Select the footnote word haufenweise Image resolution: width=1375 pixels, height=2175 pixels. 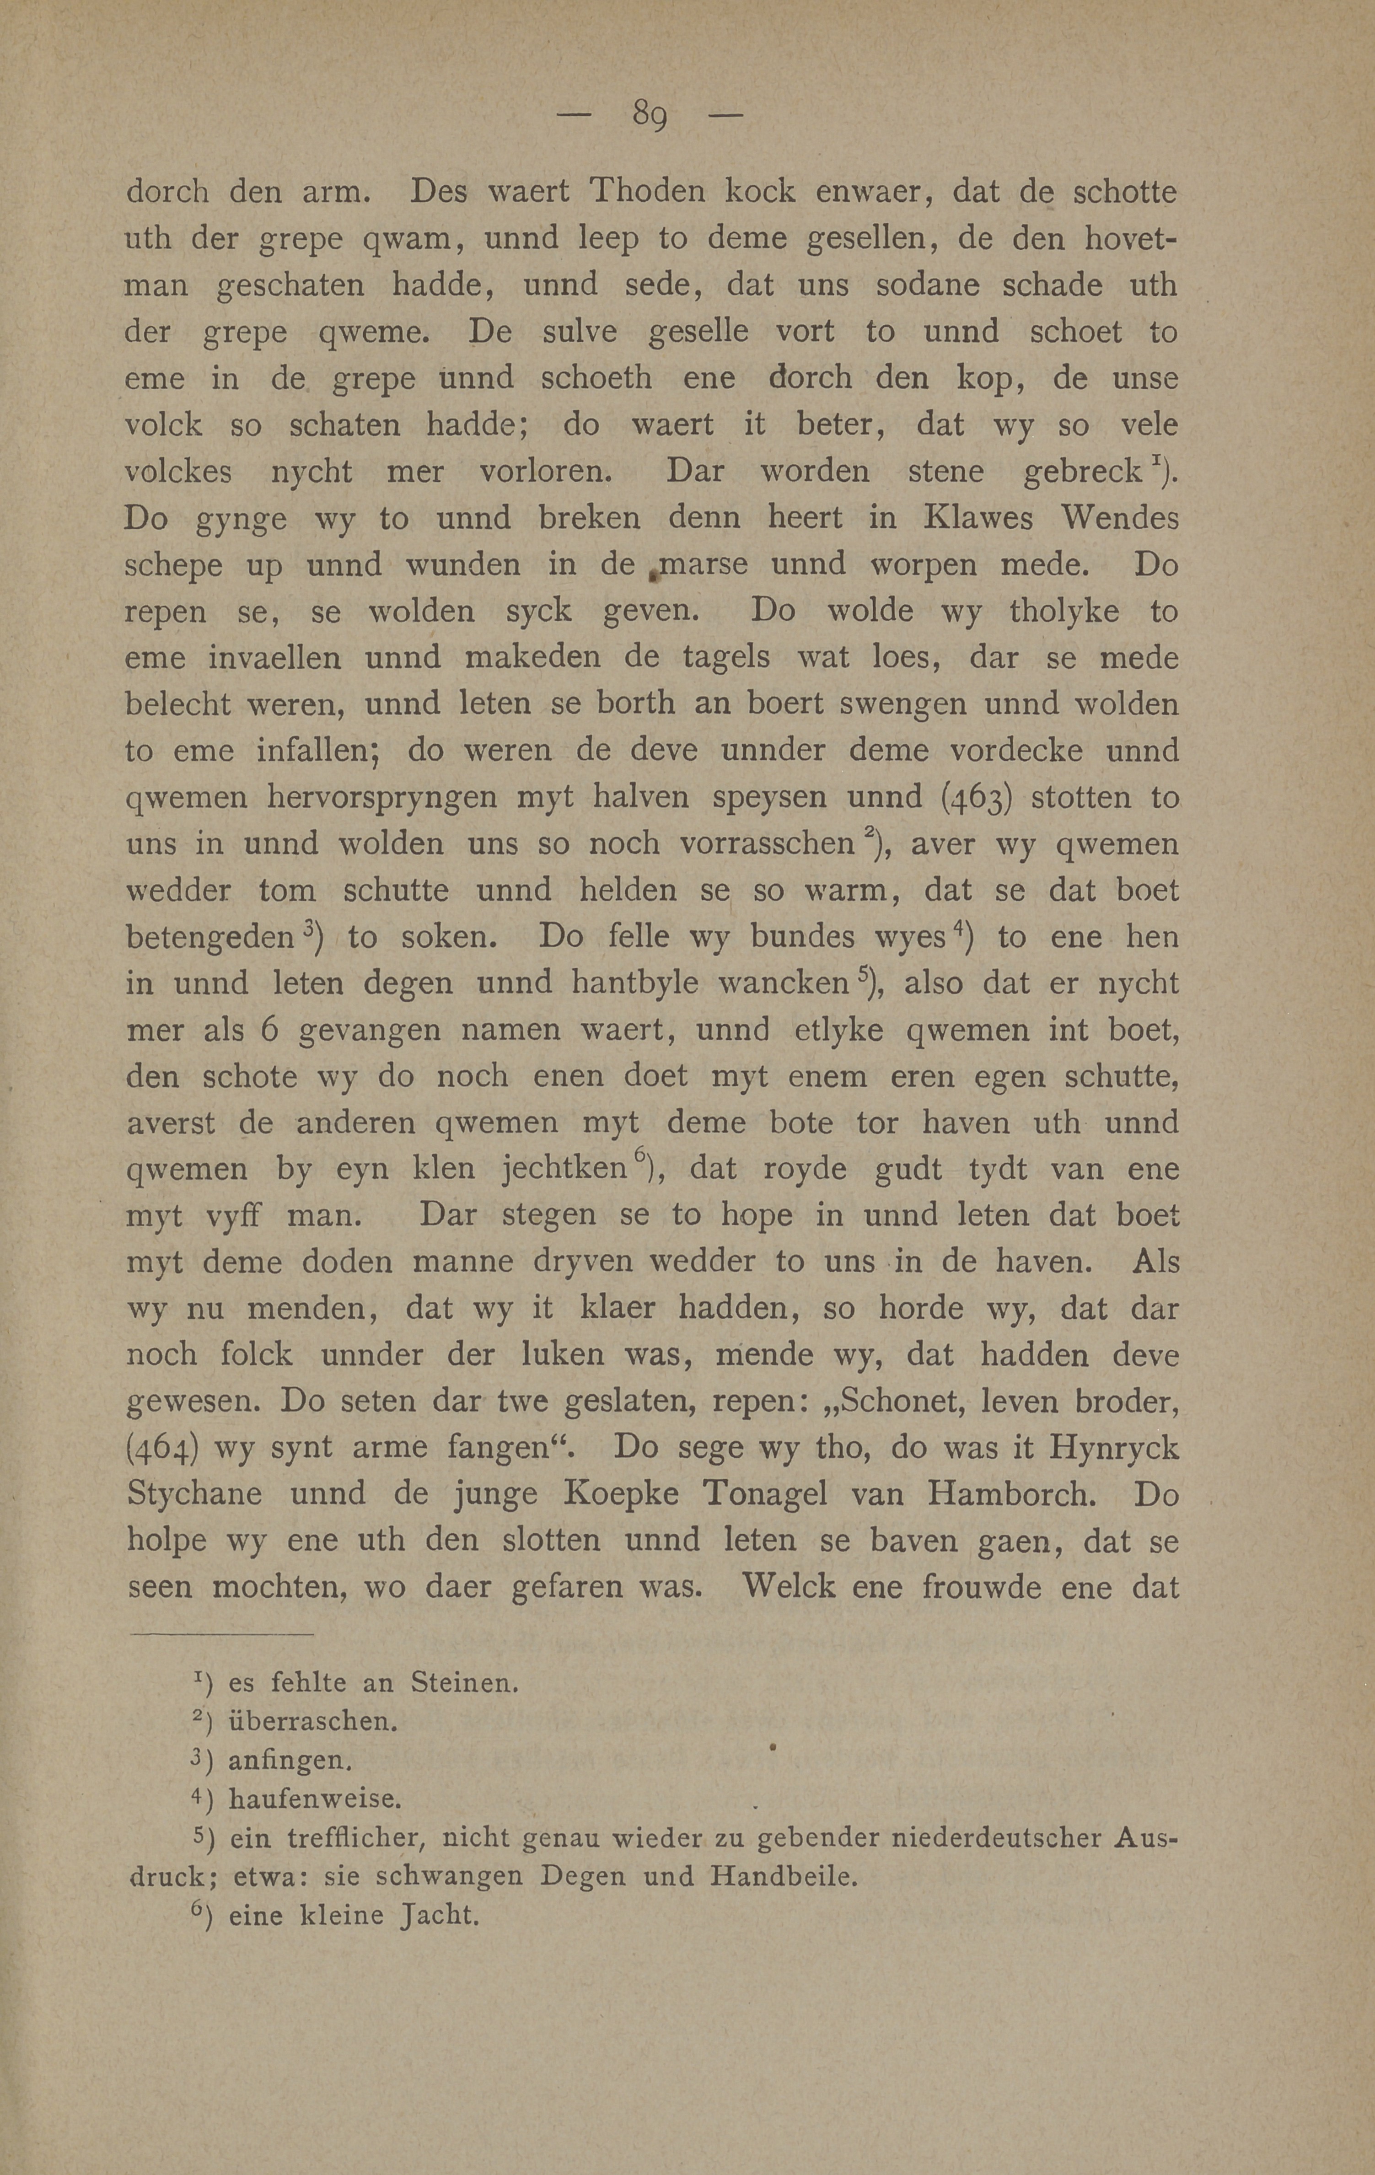(x=312, y=1799)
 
